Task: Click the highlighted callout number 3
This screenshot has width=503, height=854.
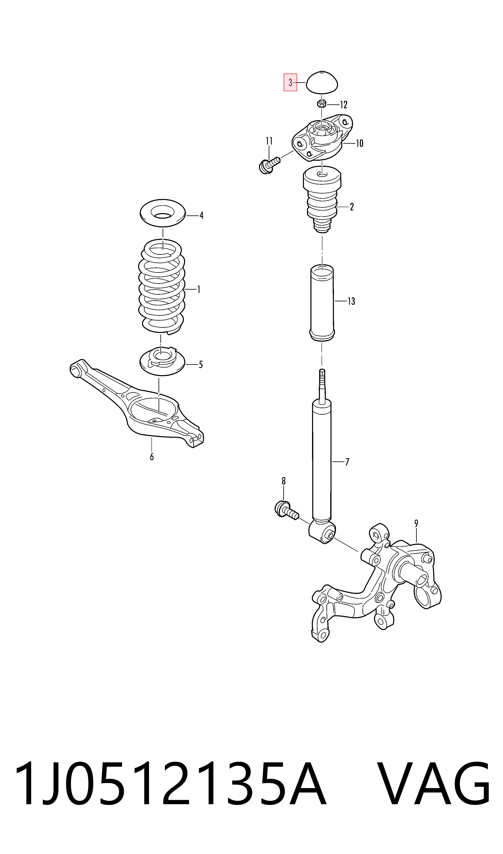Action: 290,82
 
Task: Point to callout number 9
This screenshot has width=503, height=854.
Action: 416,523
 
